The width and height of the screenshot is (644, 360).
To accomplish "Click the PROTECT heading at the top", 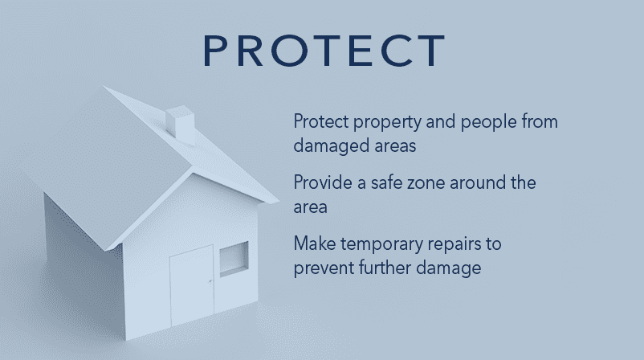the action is [324, 50].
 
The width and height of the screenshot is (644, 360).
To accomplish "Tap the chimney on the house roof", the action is [181, 125].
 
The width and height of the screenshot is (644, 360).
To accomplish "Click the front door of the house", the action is [192, 284].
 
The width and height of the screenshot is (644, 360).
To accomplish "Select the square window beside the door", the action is [234, 259].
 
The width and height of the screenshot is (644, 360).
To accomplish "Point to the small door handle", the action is [210, 281].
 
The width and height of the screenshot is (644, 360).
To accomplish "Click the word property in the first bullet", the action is [387, 122].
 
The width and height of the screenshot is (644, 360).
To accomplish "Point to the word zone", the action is [426, 183].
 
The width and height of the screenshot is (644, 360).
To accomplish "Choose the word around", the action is [477, 182].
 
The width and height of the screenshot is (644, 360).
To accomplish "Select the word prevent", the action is [324, 268].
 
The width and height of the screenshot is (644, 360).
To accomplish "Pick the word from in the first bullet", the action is [540, 121].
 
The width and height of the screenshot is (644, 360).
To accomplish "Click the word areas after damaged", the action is [395, 146].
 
